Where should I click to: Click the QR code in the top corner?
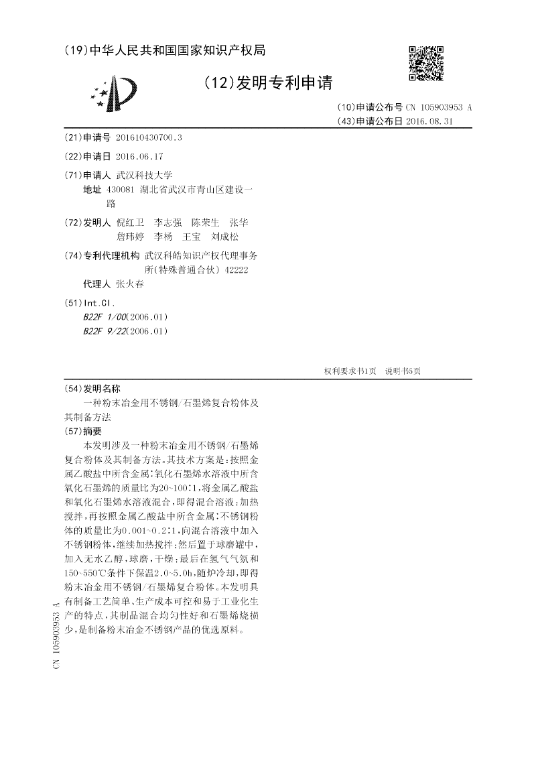426,63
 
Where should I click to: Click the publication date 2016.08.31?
429,121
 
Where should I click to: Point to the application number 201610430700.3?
149,137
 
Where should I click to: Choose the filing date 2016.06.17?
139,156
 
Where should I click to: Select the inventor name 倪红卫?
129,222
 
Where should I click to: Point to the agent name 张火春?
129,284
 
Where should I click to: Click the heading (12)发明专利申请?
268,83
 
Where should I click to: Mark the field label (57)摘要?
82,431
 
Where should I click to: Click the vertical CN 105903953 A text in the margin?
56,635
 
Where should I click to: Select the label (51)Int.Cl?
89,303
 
